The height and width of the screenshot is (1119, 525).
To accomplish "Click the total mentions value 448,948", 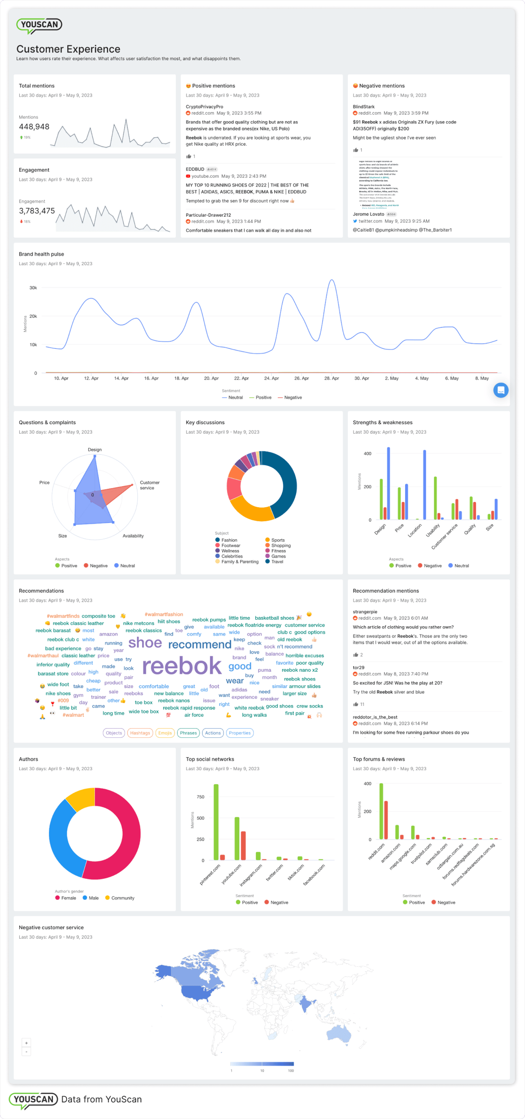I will tap(34, 127).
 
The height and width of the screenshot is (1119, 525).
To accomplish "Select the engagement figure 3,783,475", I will tap(37, 211).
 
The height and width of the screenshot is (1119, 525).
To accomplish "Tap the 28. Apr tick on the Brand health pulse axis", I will tap(331, 378).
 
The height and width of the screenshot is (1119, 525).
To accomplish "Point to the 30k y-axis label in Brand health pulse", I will tap(33, 288).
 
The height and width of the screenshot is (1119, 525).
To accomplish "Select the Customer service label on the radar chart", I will tap(149, 485).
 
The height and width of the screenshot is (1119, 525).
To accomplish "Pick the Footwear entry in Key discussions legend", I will tap(231, 546).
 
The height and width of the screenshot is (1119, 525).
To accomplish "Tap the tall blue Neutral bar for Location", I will tap(424, 484).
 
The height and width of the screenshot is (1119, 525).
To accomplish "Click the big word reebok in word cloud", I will tap(182, 666).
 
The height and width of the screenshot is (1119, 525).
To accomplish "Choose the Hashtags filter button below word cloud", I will tap(140, 733).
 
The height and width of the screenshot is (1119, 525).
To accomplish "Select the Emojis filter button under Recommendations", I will tap(165, 733).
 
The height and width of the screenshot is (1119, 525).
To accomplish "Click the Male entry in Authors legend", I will tap(94, 898).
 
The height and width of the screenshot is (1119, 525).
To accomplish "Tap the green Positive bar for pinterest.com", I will tap(216, 822).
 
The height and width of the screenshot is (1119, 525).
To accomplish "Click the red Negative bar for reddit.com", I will tap(386, 820).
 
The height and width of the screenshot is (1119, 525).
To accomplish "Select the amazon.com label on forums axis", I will tap(391, 853).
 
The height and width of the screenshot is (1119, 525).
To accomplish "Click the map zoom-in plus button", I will tap(26, 1043).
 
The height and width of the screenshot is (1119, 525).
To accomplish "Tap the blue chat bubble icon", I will tap(501, 390).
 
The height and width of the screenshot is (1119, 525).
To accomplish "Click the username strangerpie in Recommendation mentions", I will tap(365, 612).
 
